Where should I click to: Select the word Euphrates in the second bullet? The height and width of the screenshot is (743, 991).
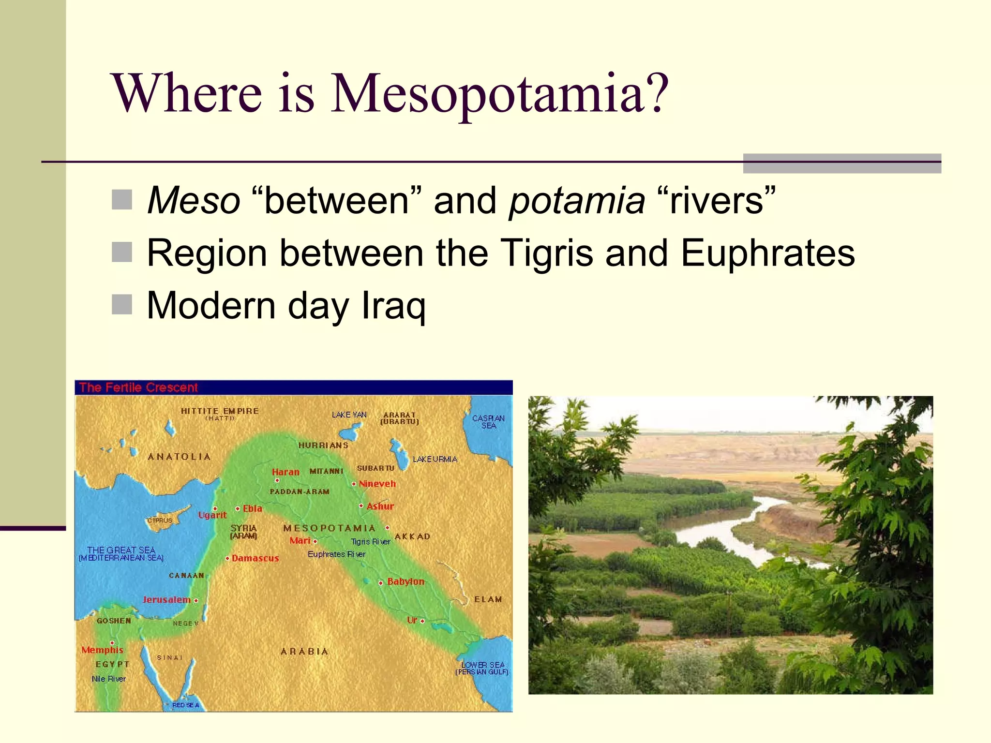pos(768,253)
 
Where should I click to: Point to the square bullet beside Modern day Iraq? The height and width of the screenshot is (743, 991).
pos(122,305)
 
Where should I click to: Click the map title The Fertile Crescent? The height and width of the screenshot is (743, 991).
pos(138,387)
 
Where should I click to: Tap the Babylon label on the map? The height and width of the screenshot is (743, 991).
pos(405,581)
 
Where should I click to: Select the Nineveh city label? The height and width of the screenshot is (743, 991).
pos(377,484)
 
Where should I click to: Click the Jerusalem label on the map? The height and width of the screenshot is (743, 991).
pos(166,600)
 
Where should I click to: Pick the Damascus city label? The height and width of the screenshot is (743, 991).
pos(255,558)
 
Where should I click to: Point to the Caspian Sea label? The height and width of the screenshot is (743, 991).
pos(488,422)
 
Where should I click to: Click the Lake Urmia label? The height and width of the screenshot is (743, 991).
pos(435,459)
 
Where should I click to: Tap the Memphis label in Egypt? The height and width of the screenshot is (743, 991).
pos(102,650)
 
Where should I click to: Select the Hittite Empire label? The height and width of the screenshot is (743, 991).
pos(220,411)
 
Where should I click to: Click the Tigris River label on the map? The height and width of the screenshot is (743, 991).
pos(371,542)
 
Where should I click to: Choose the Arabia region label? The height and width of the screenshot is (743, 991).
pos(305,652)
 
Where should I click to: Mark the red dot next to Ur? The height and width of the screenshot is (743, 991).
pos(422,621)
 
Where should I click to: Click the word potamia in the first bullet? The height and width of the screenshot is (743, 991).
pos(577,200)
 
